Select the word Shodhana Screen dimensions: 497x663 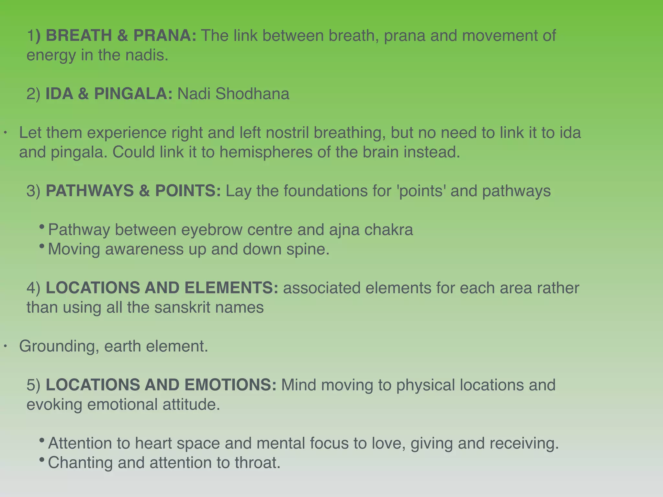click(252, 94)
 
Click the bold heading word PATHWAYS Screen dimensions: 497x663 click(90, 191)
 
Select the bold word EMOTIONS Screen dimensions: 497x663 click(230, 385)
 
